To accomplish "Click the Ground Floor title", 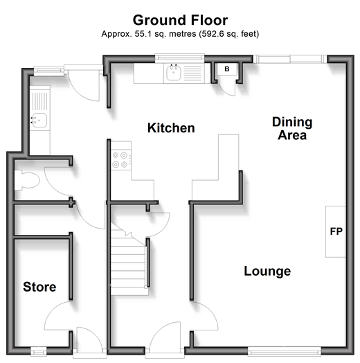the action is tap(180, 20).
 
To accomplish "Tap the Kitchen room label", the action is tap(171, 127).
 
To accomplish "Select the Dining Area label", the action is tap(292, 128).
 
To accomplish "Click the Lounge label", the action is tap(267, 271).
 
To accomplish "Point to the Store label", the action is tap(39, 287).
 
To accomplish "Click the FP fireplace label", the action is tap(336, 231).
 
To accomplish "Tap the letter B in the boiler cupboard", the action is tap(227, 69).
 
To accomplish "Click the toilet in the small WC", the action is tap(26, 180).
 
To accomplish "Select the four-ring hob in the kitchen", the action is tap(120, 160).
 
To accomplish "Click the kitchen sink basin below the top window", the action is tap(174, 73).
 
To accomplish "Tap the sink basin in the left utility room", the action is tap(39, 120).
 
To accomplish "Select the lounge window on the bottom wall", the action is tap(285, 352).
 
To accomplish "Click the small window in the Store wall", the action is tap(39, 352).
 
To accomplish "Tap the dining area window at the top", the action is tap(290, 59).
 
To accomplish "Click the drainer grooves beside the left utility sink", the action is tap(39, 101).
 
